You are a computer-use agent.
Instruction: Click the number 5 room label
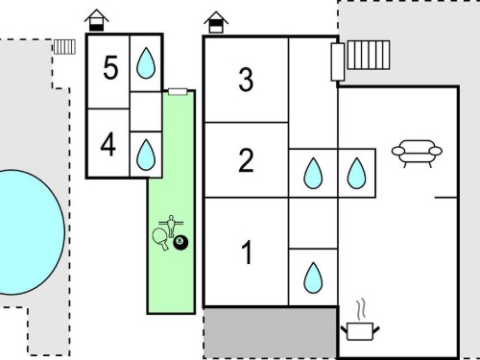(110, 67)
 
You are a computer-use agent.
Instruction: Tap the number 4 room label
(108, 145)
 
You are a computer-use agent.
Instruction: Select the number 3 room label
(246, 80)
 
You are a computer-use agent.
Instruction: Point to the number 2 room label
(246, 160)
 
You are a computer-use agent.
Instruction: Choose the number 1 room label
(247, 252)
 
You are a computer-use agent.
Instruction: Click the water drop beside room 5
(146, 63)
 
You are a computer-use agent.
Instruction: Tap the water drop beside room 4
(146, 155)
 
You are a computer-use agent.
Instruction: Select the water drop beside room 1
(313, 277)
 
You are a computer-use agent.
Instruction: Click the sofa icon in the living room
(417, 154)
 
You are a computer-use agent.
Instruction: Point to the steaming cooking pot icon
(360, 322)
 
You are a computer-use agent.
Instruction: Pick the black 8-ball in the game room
(180, 242)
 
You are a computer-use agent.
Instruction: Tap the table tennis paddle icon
(159, 239)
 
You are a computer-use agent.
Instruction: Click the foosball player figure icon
(171, 226)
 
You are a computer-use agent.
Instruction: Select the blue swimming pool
(31, 232)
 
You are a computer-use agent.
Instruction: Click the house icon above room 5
(97, 20)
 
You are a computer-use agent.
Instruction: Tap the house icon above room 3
(216, 22)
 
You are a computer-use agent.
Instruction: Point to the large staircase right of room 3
(369, 55)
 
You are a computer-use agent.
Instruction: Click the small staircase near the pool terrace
(64, 47)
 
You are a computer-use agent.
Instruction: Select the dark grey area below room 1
(271, 333)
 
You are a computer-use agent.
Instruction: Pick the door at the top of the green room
(178, 92)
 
